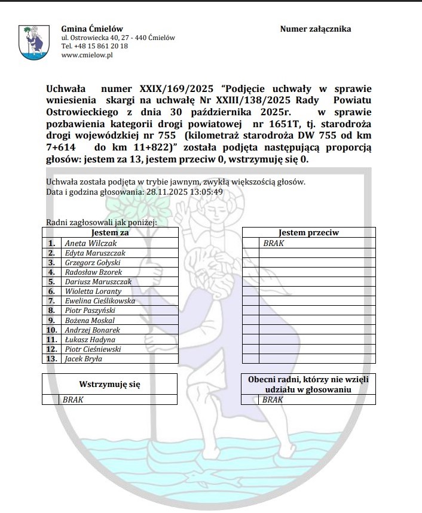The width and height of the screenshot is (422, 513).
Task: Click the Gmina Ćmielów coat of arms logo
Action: tap(34, 42)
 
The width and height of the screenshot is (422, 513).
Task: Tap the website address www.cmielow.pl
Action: tap(87, 55)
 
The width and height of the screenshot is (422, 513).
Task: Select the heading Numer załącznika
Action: tap(315, 29)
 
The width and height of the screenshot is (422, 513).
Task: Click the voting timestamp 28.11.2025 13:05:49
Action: tap(185, 192)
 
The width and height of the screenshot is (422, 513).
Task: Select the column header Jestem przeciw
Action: tap(308, 233)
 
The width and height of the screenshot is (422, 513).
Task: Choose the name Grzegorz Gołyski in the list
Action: tap(93, 262)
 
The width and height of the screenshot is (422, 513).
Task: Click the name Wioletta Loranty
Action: tap(93, 291)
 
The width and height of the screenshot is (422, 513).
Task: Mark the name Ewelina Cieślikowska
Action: tap(100, 301)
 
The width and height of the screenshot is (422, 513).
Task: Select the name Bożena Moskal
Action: tap(89, 320)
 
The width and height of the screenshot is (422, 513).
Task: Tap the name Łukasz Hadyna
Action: tap(90, 340)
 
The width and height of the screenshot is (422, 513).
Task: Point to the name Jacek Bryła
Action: tap(83, 359)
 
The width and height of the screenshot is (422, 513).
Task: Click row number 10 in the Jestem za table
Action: tap(52, 330)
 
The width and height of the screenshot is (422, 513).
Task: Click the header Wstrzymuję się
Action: tap(110, 385)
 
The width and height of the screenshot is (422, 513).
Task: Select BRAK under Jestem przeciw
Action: tap(273, 243)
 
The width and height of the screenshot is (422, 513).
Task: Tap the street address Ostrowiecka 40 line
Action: tap(118, 38)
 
